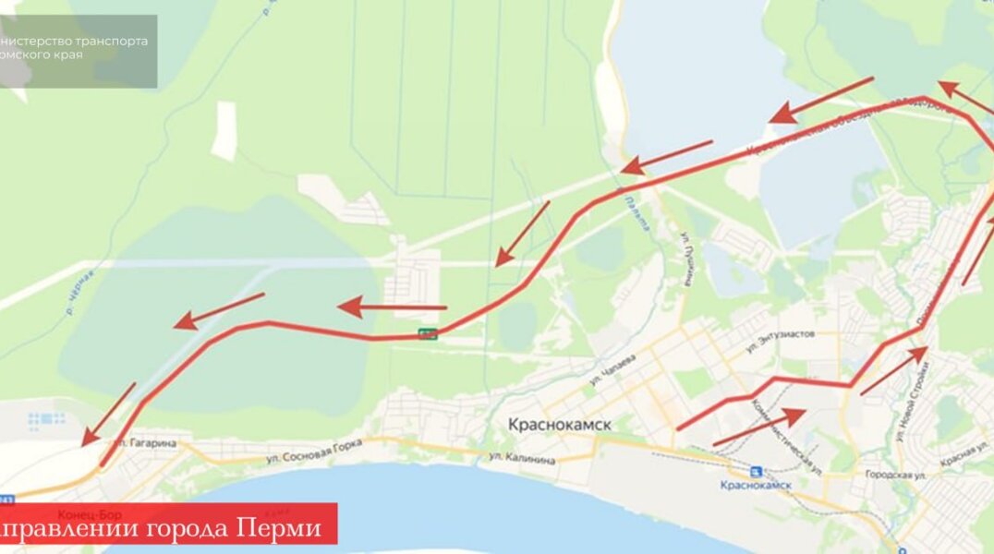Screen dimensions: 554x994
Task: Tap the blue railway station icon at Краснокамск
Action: [x=757, y=471]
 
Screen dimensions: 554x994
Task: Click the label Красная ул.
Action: [x=966, y=454]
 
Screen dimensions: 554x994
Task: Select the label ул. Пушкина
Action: [x=687, y=259]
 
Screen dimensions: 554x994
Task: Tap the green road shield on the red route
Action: [x=428, y=333]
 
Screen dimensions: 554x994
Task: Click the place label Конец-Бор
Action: [x=83, y=514]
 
